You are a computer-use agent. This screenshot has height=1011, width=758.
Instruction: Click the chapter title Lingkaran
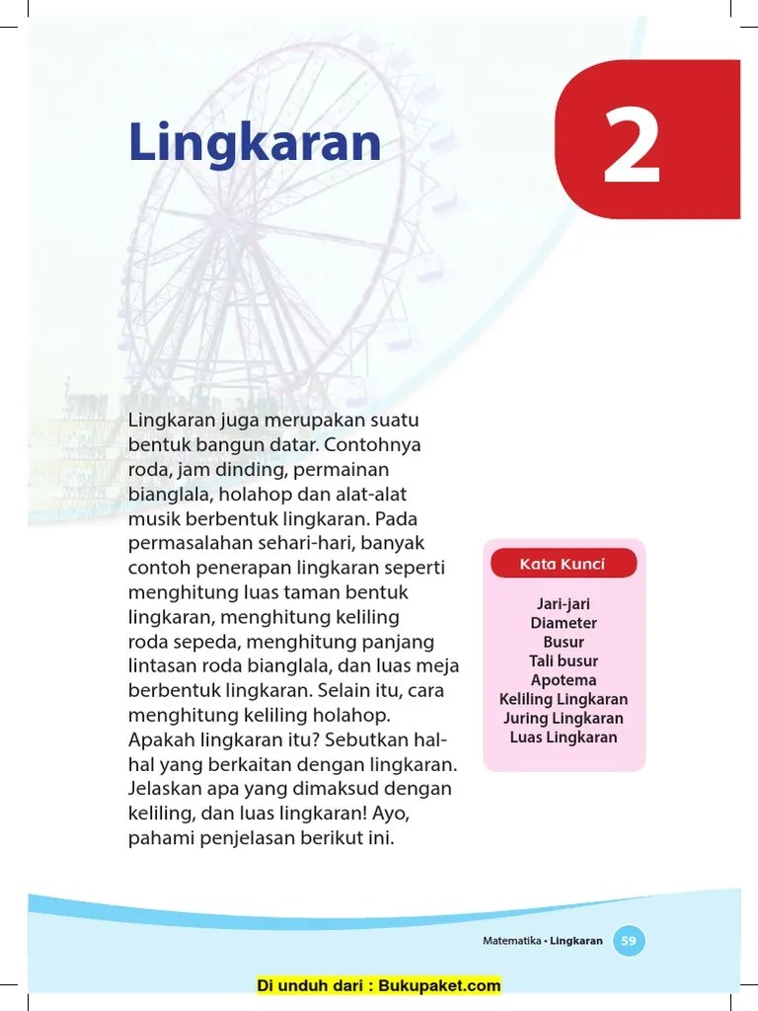255,144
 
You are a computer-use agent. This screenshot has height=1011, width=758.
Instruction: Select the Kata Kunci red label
563,565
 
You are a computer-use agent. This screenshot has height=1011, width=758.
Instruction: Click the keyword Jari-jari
564,604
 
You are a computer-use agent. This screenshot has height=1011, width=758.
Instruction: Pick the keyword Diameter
564,623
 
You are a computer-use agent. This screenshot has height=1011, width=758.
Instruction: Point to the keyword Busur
564,642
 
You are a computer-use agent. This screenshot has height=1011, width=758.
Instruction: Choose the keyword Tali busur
564,661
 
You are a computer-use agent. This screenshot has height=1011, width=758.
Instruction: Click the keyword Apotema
564,680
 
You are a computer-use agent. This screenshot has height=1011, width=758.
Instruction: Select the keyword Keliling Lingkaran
564,699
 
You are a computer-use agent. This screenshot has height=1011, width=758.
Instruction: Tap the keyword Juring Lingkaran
564,718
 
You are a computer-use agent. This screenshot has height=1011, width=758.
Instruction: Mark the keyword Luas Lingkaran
564,738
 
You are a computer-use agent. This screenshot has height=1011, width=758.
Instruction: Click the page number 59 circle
629,941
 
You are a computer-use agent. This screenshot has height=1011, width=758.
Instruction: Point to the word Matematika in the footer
511,941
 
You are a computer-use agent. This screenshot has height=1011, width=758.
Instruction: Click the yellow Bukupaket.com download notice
379,985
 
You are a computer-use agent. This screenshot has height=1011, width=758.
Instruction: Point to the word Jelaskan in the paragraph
164,790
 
